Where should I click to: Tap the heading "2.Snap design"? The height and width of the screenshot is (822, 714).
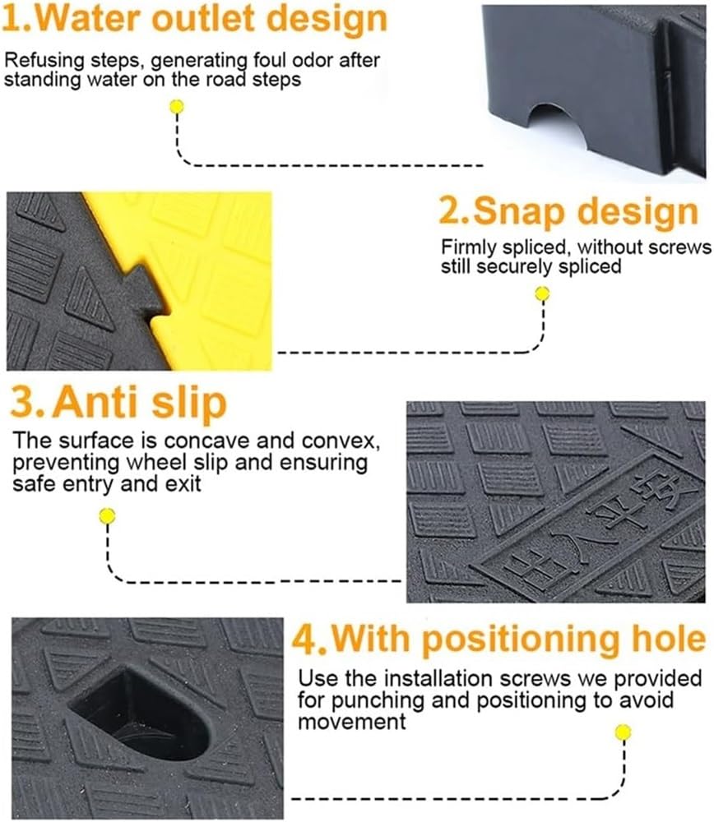(568, 212)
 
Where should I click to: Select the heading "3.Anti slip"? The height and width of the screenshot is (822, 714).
(118, 403)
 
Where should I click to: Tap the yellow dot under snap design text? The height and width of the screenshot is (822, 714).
(541, 293)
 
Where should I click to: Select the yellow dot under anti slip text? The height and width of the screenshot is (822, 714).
(107, 516)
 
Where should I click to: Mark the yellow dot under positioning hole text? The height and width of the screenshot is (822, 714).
(624, 732)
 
